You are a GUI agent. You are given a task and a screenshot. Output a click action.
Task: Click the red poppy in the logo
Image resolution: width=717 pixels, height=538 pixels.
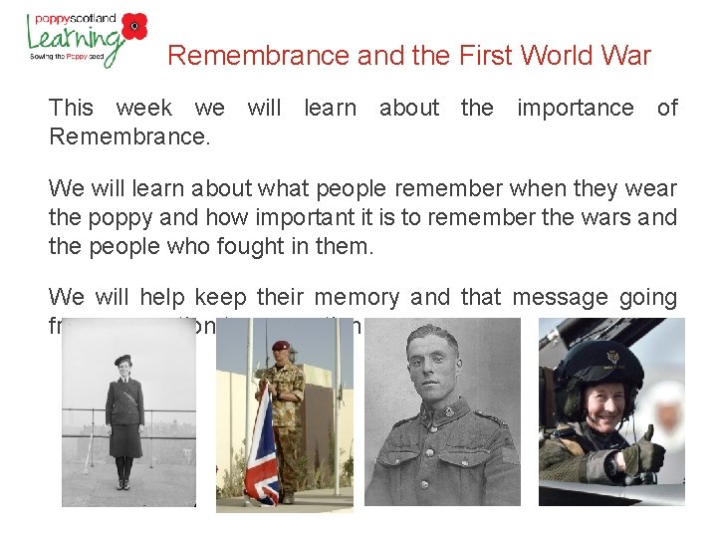point(134,26)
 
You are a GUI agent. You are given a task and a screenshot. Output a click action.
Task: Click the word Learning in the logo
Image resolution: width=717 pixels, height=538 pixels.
point(75,38)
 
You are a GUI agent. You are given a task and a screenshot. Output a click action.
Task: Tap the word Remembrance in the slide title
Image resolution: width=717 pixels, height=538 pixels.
point(258,56)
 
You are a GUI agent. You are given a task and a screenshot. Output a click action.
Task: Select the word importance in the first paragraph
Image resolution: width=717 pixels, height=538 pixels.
point(575,108)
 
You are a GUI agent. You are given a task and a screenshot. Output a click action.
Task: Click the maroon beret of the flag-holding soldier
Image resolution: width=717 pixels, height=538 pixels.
point(281,347)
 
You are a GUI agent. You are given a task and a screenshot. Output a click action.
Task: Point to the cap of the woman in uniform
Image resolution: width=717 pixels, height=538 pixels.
point(124,361)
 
